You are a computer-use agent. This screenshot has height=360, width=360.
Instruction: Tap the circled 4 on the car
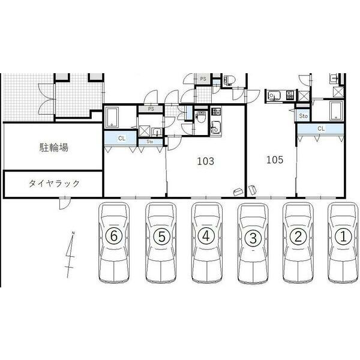[x=206, y=236]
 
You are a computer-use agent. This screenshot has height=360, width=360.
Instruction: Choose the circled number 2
[x=298, y=236]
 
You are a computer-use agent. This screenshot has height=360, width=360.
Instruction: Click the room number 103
[x=205, y=161]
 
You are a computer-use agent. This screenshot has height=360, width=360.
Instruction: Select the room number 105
[x=275, y=160]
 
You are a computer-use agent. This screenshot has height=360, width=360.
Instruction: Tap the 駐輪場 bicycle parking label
[x=54, y=148]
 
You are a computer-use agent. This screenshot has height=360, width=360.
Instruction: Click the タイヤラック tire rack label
[x=54, y=184]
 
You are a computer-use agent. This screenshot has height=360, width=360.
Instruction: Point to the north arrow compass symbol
[x=70, y=254]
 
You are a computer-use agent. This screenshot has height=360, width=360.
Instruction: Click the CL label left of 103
[x=121, y=138]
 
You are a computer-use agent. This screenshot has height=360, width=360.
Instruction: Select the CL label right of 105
[x=321, y=128]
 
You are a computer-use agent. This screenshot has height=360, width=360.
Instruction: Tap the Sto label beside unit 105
[x=303, y=116]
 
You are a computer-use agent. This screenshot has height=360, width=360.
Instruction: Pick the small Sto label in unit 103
[x=149, y=142]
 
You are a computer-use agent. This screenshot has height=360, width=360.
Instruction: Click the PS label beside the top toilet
[x=203, y=79]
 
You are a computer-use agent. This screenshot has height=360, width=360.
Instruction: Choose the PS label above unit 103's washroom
[x=151, y=109]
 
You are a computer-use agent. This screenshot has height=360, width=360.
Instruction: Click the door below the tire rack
[x=65, y=203]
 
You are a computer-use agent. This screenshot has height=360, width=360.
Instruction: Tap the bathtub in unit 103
[x=112, y=117]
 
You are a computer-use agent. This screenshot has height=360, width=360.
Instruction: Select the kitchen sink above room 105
[x=274, y=95]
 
